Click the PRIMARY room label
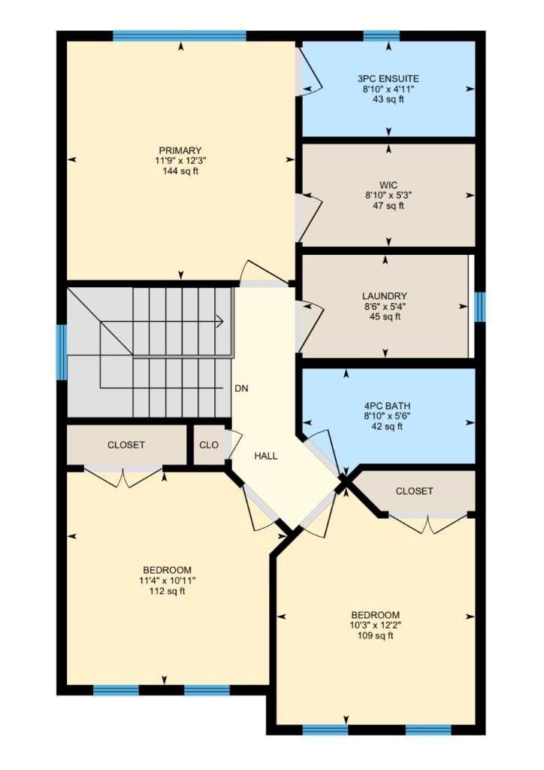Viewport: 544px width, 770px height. click(180, 150)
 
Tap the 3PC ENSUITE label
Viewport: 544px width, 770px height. click(388, 78)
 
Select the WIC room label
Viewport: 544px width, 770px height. click(388, 184)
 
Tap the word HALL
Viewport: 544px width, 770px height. click(266, 456)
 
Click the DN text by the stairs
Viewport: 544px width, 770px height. click(241, 389)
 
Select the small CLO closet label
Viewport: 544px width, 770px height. click(209, 445)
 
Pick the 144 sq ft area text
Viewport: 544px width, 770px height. click(180, 171)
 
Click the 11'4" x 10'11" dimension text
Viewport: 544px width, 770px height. click(167, 580)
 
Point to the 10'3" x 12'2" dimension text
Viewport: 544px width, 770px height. click(376, 625)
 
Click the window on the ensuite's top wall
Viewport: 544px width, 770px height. click(381, 35)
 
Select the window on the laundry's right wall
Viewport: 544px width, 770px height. click(480, 307)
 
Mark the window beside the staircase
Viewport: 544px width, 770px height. click(62, 352)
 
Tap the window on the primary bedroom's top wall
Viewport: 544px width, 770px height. click(180, 35)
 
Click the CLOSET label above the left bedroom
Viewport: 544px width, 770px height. click(126, 445)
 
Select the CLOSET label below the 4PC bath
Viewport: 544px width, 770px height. click(414, 491)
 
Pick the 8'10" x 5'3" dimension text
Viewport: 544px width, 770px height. click(388, 195)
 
